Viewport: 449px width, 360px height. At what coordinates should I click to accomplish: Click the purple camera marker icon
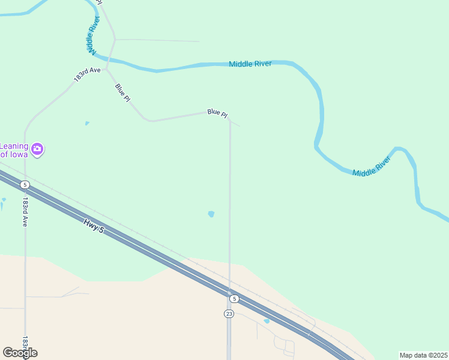pyautogui.click(x=37, y=148)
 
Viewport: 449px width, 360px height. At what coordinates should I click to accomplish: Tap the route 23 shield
pyautogui.click(x=229, y=314)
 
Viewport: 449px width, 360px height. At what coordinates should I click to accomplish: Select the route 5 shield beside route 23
pyautogui.click(x=234, y=298)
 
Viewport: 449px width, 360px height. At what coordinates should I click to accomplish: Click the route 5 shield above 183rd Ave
pyautogui.click(x=24, y=184)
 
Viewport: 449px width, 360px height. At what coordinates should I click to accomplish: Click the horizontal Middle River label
pyautogui.click(x=250, y=64)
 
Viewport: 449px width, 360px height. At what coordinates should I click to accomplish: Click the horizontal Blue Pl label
pyautogui.click(x=217, y=112)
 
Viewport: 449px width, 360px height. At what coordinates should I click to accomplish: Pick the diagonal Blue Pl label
pyautogui.click(x=122, y=92)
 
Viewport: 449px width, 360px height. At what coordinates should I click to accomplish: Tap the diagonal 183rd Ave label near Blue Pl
pyautogui.click(x=87, y=74)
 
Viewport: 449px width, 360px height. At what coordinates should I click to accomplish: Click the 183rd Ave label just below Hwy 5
pyautogui.click(x=25, y=211)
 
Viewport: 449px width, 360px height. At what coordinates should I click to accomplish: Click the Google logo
pyautogui.click(x=20, y=353)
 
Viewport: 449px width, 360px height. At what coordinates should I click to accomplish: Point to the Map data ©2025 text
pyautogui.click(x=423, y=355)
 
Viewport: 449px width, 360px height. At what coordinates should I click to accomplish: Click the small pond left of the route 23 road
pyautogui.click(x=211, y=214)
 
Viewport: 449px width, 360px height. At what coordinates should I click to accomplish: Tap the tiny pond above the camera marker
pyautogui.click(x=87, y=124)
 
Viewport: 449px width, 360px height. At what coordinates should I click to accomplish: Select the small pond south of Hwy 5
pyautogui.click(x=267, y=321)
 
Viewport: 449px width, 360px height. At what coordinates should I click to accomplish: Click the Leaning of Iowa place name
pyautogui.click(x=13, y=149)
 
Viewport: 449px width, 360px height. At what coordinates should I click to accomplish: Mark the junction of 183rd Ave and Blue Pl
pyautogui.click(x=106, y=70)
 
